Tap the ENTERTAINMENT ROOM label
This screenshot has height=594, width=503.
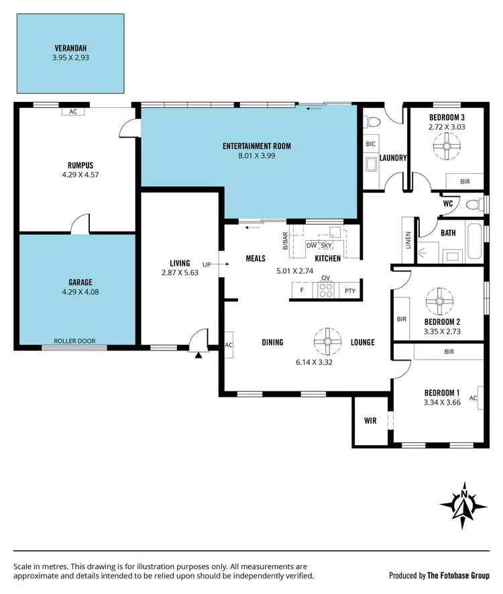pos(257,146)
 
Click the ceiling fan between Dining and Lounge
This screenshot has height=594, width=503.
pos(327,341)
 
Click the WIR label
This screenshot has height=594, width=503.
pos(371,422)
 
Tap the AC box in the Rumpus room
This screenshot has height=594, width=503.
pos(72,111)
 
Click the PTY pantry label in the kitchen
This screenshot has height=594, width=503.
pos(349,291)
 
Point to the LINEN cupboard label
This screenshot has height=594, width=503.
pos(408,240)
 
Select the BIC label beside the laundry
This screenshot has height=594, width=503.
pos(370,144)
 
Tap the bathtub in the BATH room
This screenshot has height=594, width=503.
pos(473,243)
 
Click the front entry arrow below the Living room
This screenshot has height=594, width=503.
pos(198,354)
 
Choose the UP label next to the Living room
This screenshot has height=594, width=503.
pos(207,264)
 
